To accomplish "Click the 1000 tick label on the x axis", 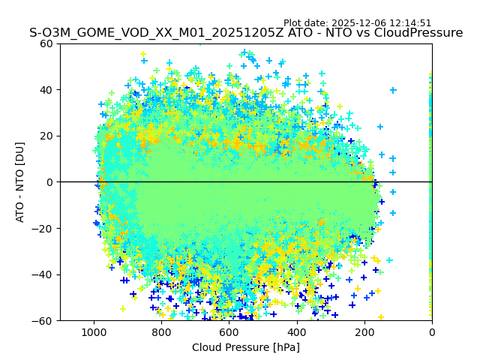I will point(94,332).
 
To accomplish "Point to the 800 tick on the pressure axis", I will point(161,332).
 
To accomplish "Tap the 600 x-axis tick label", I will point(229,332).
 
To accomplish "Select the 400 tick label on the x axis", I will point(297,332).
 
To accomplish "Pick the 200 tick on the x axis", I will point(364,332).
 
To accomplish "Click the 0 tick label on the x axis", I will point(432,332).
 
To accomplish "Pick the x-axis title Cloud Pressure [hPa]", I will point(246,347).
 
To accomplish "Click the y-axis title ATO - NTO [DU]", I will point(21,182).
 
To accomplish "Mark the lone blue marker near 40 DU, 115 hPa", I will point(393,90).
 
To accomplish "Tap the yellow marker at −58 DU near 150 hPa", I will point(381,317).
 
